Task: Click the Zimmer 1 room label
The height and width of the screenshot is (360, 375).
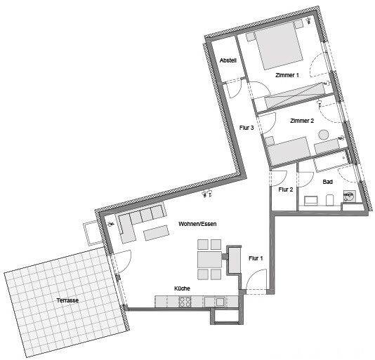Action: point(288,75)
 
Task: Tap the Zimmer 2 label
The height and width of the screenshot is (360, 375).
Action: point(303,121)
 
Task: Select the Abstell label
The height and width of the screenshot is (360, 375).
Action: point(228,62)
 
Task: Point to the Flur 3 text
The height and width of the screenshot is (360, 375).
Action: point(246,128)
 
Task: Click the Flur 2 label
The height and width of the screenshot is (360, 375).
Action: point(285,189)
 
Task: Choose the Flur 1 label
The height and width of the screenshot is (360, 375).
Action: point(256,258)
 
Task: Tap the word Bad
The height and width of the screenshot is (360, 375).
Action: point(327,182)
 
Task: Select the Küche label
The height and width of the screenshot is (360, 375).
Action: point(183,288)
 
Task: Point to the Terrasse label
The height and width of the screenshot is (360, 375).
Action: point(67,300)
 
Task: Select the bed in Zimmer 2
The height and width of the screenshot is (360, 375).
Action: point(288,149)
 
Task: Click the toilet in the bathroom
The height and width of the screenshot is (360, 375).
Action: point(329,201)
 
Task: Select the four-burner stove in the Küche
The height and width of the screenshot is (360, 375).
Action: point(186,302)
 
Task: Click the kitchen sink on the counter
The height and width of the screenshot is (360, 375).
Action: point(221,302)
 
